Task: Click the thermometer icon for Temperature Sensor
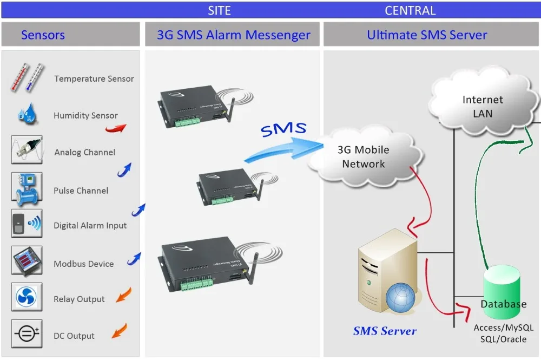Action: coord(27,77)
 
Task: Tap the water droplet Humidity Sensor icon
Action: coord(27,114)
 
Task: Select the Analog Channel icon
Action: coord(27,149)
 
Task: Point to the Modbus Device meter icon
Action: coord(27,261)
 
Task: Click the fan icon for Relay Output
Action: coord(27,297)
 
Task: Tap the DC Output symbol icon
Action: coord(27,333)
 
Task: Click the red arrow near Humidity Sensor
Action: coord(116,128)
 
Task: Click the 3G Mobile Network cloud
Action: coord(364,156)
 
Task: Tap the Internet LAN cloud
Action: coord(483,102)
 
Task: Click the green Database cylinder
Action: coord(503,292)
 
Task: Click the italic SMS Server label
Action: coord(385,331)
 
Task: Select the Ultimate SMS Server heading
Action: coord(427,35)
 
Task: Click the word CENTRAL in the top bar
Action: coord(410,10)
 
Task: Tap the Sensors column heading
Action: coord(43,35)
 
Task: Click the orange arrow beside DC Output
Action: coord(120,331)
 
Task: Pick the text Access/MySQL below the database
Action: coord(503,328)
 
